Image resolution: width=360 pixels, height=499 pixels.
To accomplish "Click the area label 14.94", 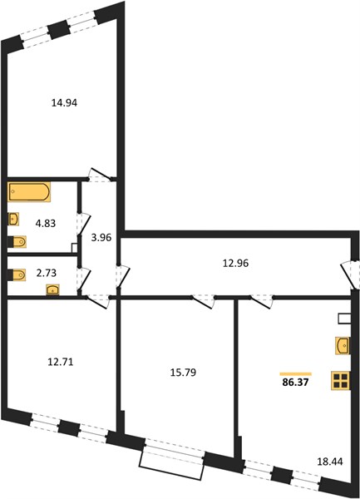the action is [x=64, y=103].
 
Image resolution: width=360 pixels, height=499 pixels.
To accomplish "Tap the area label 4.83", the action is [x=46, y=224].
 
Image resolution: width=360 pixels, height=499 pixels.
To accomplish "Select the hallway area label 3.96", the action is [x=101, y=238].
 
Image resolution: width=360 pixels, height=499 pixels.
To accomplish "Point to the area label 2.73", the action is [x=46, y=273].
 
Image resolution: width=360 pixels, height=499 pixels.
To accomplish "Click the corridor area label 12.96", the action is [x=235, y=264].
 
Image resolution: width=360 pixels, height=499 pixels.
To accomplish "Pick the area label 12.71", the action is [x=61, y=362].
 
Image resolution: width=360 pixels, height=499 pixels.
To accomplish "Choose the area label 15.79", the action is [x=183, y=373].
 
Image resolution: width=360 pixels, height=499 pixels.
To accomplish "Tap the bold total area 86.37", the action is [x=295, y=383].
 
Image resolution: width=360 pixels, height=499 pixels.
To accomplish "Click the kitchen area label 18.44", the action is [x=330, y=462].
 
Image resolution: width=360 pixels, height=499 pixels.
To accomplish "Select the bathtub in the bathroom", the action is [x=29, y=192].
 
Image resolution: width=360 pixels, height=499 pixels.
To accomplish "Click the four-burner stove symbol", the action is [x=341, y=381].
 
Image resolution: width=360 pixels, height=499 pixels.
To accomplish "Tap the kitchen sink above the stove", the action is [x=343, y=345].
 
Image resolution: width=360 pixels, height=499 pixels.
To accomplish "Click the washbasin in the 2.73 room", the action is [x=52, y=290].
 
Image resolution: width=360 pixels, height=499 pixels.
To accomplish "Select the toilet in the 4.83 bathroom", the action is [x=17, y=242].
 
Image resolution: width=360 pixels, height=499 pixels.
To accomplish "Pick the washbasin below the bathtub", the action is [x=13, y=219].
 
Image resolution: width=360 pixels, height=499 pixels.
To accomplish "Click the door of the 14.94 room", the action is [x=100, y=175].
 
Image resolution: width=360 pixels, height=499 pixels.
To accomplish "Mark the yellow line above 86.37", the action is [x=295, y=374].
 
